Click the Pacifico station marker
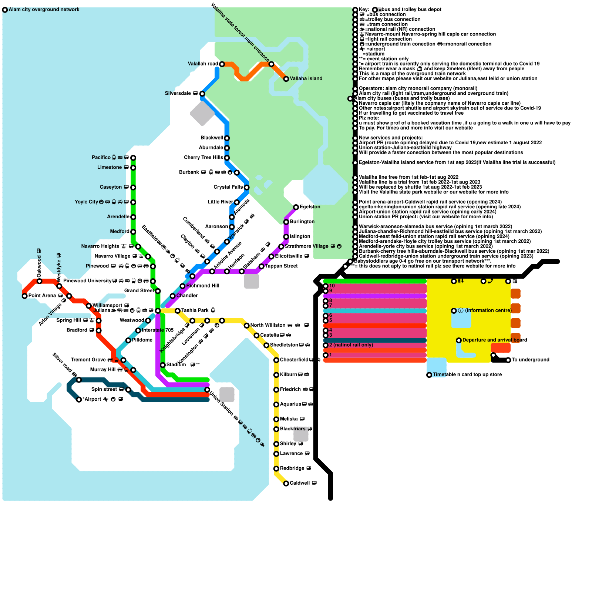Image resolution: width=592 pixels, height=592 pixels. [133, 158]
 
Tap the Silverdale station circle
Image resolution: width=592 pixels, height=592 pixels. [202, 94]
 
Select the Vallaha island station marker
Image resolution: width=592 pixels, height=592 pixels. [286, 79]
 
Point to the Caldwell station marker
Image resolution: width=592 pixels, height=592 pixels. [286, 484]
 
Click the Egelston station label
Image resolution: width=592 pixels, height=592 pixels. [310, 207]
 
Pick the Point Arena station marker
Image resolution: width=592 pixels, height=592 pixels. [25, 296]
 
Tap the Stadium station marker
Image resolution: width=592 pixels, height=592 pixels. [163, 365]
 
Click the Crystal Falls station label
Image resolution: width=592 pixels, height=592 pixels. [228, 187]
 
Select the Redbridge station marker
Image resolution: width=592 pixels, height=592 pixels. [276, 469]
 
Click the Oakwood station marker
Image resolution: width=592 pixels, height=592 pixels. [40, 281]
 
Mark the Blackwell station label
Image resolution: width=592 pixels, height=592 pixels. [212, 138]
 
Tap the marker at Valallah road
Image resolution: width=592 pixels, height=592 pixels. [222, 64]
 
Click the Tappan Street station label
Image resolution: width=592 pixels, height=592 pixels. [281, 266]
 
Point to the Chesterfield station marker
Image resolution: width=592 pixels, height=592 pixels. [276, 360]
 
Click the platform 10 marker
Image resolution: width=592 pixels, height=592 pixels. [326, 286]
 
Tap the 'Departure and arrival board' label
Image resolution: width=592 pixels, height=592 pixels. [495, 340]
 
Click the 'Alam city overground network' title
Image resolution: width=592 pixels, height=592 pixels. [44, 10]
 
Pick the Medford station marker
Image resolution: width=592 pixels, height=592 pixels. [133, 232]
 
